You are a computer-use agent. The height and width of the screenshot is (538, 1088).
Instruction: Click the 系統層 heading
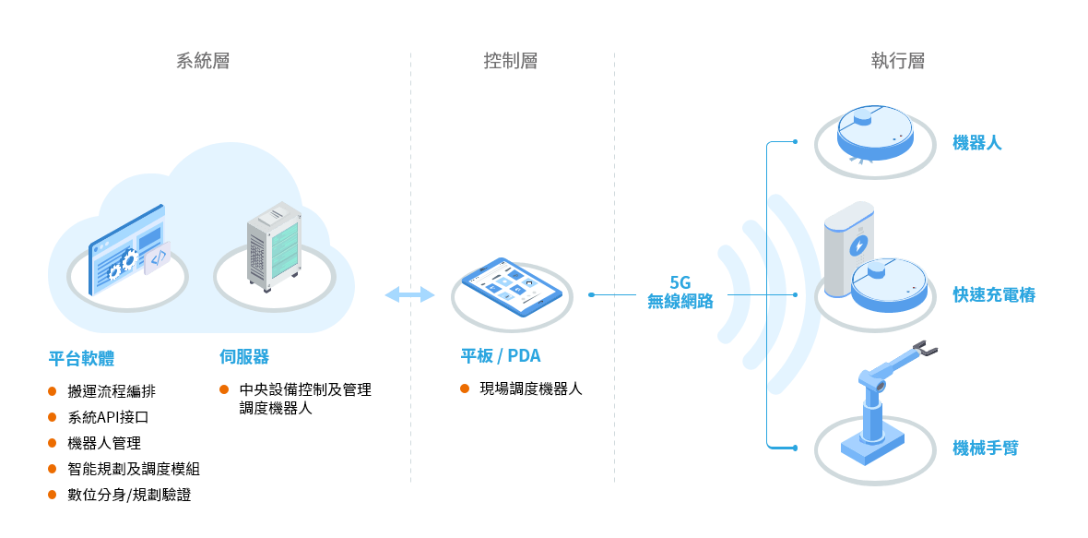point(203,61)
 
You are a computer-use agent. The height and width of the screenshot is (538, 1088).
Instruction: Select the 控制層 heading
point(511,61)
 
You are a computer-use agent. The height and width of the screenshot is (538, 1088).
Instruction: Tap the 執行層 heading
point(898,61)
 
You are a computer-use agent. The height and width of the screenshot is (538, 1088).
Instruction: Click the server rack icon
point(274,246)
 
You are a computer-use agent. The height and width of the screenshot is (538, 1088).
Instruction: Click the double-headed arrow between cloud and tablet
point(410,295)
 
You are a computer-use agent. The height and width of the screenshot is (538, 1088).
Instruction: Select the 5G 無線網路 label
point(680,293)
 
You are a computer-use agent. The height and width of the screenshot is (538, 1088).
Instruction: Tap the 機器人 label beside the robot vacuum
point(977,144)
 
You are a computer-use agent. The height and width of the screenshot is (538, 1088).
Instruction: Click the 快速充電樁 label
point(994,295)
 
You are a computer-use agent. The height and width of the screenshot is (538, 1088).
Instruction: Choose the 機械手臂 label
point(986,448)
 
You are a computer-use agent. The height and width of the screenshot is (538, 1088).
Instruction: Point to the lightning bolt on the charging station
point(858,245)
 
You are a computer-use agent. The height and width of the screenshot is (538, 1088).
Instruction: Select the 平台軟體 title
point(81,358)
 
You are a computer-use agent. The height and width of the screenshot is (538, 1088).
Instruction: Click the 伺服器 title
point(244,357)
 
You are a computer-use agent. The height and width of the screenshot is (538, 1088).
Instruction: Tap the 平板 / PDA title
point(501,356)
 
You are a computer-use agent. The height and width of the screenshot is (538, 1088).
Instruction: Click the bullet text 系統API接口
point(108,417)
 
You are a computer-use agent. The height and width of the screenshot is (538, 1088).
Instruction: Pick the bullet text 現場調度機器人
point(531,389)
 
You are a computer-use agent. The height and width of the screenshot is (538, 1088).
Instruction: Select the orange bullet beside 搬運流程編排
point(52,391)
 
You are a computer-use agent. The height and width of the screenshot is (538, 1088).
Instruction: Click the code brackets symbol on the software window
point(158,258)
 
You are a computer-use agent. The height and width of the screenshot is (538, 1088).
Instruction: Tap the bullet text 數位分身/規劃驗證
point(130,495)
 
